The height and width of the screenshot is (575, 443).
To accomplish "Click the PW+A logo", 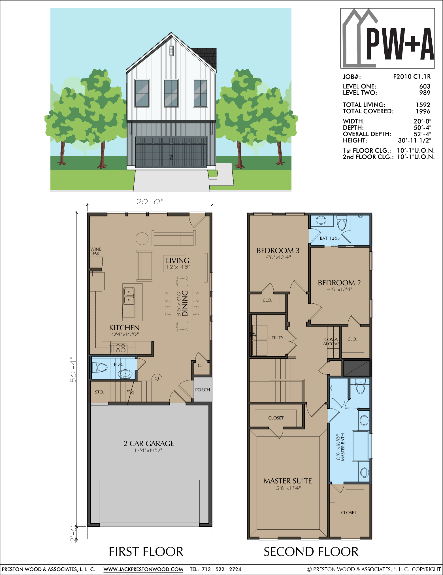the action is [387, 38].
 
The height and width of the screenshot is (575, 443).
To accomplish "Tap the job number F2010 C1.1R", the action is [412, 76].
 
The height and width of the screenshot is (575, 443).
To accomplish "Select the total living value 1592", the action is [423, 105].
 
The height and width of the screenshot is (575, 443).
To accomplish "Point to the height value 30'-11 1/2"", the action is [414, 140].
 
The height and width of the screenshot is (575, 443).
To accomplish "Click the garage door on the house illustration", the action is [171, 152].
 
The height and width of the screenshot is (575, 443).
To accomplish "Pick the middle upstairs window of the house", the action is [171, 93].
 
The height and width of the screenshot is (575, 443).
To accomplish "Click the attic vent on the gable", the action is [171, 51].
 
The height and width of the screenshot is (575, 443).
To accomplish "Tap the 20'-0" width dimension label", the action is [150, 201].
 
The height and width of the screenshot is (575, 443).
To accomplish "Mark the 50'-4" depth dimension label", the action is [73, 369].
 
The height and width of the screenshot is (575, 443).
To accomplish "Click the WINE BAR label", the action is [96, 251].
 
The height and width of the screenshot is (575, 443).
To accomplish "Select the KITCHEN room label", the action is [124, 328].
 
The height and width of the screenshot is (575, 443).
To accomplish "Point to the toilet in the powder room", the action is [100, 368].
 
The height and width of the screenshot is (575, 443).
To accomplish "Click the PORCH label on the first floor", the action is [203, 390].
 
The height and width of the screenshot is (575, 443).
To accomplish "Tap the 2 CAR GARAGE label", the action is [149, 443].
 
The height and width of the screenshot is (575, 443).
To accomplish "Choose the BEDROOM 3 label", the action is [278, 250].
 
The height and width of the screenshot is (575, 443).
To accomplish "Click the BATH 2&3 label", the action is [330, 238].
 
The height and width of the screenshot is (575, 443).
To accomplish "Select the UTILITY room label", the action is [276, 338].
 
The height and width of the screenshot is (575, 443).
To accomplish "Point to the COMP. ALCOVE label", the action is [331, 342].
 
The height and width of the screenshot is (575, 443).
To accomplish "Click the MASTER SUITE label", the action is [287, 481].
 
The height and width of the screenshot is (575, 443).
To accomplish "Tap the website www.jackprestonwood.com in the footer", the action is [143, 569].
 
